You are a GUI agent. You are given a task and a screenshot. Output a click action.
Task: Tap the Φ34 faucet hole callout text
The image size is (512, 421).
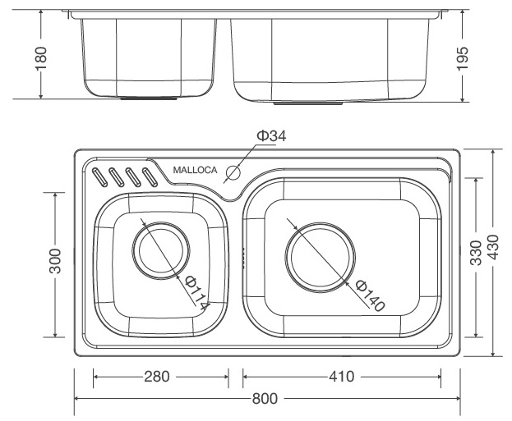tap(270, 136)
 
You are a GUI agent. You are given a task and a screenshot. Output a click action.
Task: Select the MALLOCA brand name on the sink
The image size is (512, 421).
tap(195, 171)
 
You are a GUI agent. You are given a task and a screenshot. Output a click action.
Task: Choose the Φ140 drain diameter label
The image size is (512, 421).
tap(371, 295)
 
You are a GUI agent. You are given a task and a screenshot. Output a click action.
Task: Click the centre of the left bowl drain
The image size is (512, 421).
tap(160, 251)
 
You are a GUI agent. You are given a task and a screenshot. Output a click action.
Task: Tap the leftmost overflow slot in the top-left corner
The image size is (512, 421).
tap(100, 176)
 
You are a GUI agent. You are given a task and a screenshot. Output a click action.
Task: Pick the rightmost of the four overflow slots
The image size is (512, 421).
tap(150, 176)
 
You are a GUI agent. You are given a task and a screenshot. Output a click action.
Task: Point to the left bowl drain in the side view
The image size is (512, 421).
tap(150, 98)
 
